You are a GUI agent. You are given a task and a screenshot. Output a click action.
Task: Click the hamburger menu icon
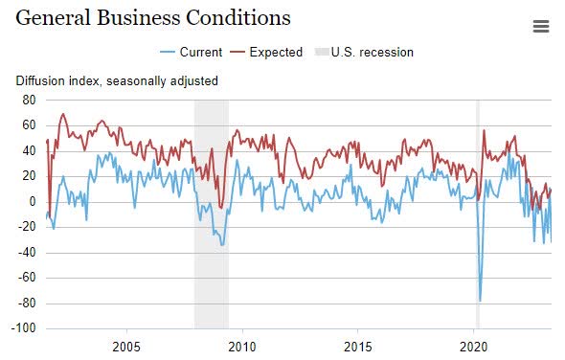click(x=541, y=27)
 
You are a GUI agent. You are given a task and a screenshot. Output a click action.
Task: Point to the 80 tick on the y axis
click(x=28, y=100)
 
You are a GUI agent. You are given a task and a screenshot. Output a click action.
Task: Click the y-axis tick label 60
click(x=28, y=125)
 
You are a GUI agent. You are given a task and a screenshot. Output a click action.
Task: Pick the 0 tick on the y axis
click(x=32, y=202)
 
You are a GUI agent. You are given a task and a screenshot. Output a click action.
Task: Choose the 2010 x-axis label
click(x=242, y=346)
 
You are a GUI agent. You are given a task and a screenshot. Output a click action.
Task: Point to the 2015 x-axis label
click(x=358, y=346)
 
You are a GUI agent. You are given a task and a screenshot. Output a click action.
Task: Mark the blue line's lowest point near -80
click(x=480, y=302)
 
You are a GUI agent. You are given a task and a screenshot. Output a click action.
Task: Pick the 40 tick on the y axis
click(x=28, y=150)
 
